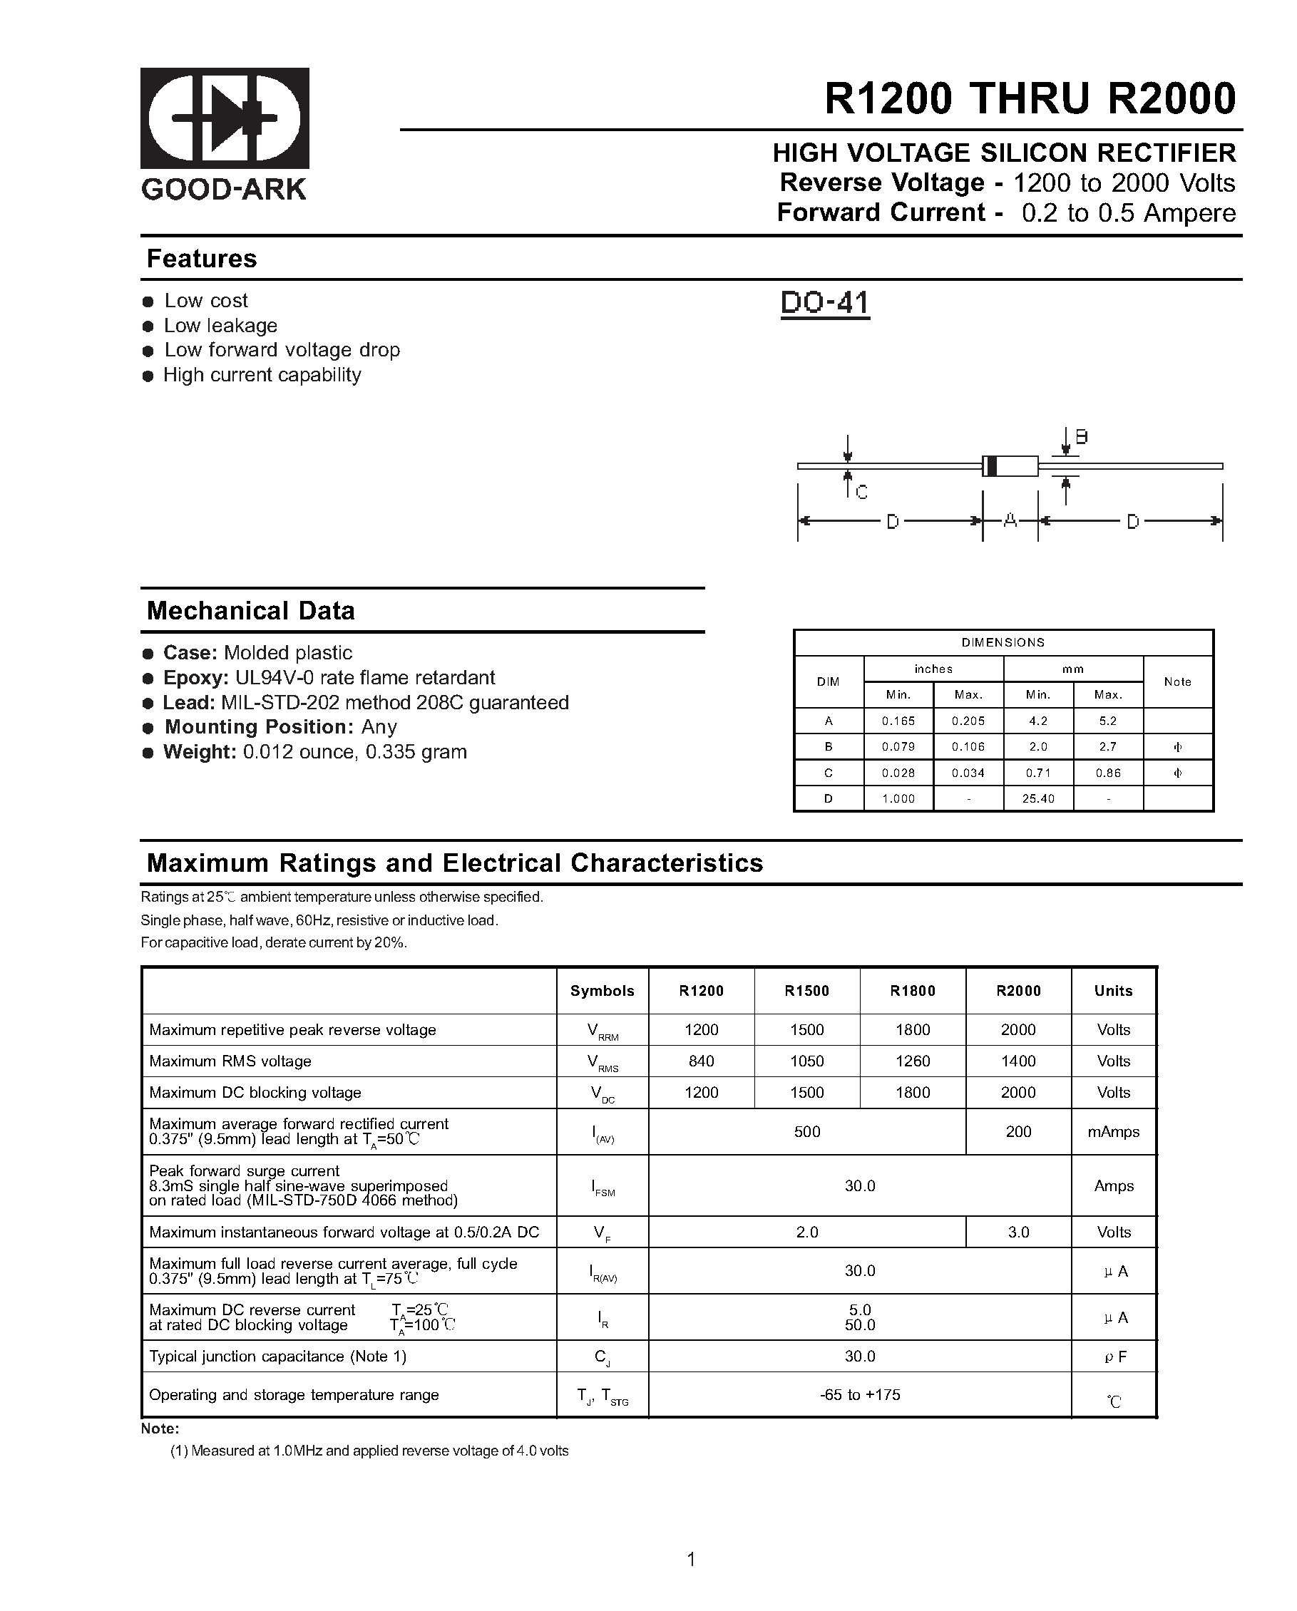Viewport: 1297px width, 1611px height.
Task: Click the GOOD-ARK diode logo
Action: tap(225, 118)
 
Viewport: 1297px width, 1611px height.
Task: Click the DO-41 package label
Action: tap(824, 304)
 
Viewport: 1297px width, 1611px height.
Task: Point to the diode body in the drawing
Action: tap(1010, 465)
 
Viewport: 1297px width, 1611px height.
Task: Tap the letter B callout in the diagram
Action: tap(1081, 437)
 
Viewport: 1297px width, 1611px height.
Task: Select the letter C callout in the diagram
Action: tap(861, 493)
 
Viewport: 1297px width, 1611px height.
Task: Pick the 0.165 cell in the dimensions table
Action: tap(898, 721)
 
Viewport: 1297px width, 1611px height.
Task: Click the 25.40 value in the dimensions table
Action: tap(1037, 799)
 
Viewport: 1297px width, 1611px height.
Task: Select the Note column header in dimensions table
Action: tap(1177, 681)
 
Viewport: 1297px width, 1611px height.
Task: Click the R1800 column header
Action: tap(912, 991)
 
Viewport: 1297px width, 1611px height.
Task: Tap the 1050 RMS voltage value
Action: tap(806, 1061)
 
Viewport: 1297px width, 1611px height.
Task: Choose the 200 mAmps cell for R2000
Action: tap(1018, 1131)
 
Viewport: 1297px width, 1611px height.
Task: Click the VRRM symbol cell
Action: tap(603, 1031)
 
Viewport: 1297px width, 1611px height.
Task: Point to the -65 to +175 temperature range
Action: tap(860, 1394)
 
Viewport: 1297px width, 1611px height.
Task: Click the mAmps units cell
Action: tap(1113, 1131)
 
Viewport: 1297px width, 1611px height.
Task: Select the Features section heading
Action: tap(202, 259)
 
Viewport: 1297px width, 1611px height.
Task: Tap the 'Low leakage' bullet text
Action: tap(220, 326)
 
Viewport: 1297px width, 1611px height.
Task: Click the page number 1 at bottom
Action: tap(691, 1559)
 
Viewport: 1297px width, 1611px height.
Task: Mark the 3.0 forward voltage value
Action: tap(1018, 1232)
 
